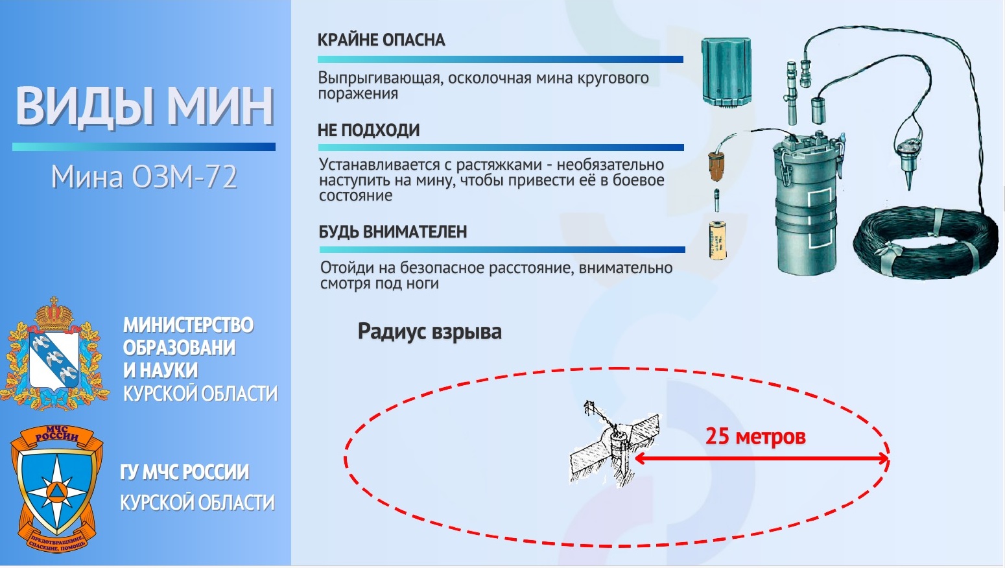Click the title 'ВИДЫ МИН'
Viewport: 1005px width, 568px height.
point(145,106)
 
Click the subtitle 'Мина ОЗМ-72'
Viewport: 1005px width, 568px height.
point(143,177)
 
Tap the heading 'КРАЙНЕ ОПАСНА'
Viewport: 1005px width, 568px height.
point(381,40)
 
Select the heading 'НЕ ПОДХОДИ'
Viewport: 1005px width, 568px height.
point(369,130)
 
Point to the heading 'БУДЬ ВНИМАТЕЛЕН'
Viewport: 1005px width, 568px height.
point(393,231)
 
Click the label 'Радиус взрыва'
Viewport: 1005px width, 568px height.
point(430,331)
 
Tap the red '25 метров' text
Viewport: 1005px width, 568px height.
point(755,436)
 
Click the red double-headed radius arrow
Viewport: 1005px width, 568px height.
point(761,458)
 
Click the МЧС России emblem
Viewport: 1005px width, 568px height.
point(56,489)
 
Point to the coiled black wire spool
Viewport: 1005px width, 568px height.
point(926,243)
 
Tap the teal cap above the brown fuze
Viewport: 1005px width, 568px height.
point(727,72)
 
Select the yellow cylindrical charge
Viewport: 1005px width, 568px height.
point(717,240)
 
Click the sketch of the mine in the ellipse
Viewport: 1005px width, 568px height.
point(615,444)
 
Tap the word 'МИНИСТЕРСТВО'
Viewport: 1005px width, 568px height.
point(189,325)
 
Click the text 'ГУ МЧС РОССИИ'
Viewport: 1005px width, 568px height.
point(184,472)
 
